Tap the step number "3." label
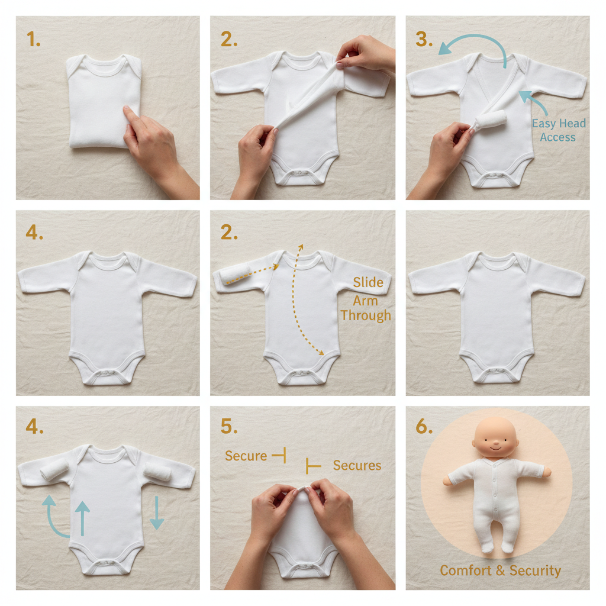pyautogui.click(x=424, y=39)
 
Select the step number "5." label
pyautogui.click(x=229, y=427)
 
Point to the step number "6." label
pyautogui.click(x=424, y=427)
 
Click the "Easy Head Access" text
pyautogui.click(x=558, y=130)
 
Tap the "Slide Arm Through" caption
pyautogui.click(x=366, y=299)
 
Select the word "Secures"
pyautogui.click(x=357, y=466)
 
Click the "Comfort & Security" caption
pyautogui.click(x=500, y=570)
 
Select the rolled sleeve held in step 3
pyautogui.click(x=490, y=121)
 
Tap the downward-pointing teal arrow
pyautogui.click(x=157, y=512)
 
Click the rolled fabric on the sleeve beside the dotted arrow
pyautogui.click(x=235, y=276)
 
